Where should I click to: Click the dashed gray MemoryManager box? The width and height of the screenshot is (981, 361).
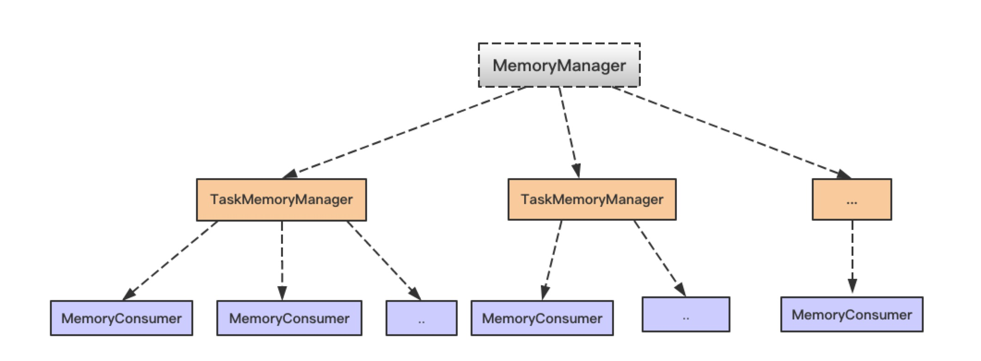(x=559, y=65)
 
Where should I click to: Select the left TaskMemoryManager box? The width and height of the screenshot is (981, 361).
(x=281, y=199)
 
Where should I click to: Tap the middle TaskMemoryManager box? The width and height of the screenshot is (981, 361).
(x=592, y=199)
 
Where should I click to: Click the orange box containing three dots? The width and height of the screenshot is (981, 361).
(x=852, y=199)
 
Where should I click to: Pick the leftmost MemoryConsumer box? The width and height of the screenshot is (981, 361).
(x=121, y=318)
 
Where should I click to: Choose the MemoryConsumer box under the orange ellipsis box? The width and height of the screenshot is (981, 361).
(x=852, y=314)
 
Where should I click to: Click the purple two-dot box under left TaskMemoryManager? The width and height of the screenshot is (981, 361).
(x=421, y=318)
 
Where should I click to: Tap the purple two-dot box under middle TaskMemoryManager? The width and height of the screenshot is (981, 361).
(x=686, y=314)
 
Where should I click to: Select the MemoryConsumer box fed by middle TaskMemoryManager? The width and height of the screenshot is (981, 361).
(x=542, y=318)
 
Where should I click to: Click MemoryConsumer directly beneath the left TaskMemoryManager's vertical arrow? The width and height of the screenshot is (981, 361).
(x=289, y=318)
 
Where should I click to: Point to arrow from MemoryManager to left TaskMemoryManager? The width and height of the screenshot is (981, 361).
(x=405, y=132)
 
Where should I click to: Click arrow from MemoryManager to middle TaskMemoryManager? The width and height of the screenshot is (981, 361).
(x=569, y=132)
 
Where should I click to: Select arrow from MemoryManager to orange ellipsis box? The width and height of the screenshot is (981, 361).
(x=731, y=132)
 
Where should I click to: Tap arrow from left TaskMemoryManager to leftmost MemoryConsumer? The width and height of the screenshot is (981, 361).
(x=170, y=260)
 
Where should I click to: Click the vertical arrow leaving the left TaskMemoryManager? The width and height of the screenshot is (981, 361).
(x=282, y=260)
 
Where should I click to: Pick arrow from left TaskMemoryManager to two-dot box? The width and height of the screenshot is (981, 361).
(x=384, y=260)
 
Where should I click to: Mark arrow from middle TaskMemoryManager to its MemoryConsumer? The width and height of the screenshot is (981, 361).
(x=552, y=260)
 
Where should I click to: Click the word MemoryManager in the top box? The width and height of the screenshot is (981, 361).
(x=559, y=65)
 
